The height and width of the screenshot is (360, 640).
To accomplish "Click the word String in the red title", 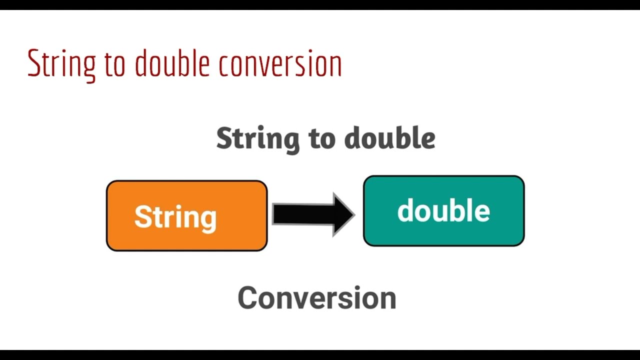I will point(61,64).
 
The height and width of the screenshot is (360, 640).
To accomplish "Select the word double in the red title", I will point(171,64).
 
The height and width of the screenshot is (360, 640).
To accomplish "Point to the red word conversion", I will point(280,64).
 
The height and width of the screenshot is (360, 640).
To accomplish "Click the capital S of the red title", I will point(33,63).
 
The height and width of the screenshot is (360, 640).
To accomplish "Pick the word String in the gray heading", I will point(258,138).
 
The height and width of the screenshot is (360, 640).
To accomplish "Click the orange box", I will point(186,237).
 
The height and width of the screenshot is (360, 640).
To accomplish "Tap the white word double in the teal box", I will point(443,211).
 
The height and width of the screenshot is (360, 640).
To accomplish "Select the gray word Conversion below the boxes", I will point(317,298).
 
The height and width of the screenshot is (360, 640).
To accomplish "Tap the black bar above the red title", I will point(320,4).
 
